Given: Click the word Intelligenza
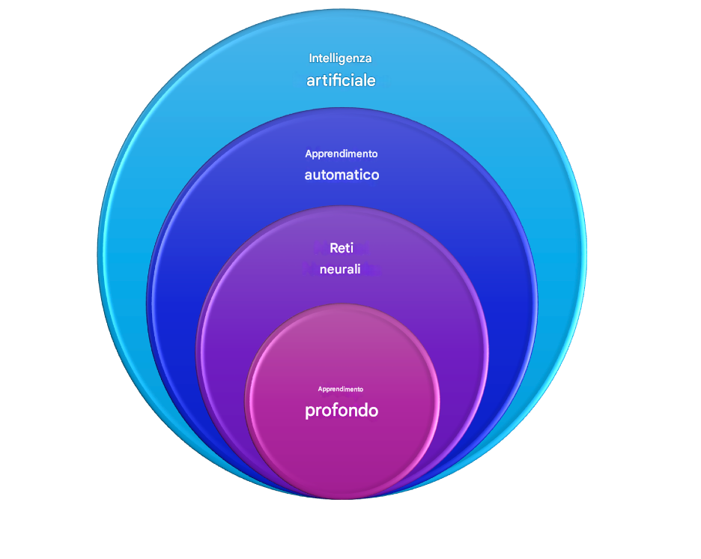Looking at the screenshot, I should (341, 58).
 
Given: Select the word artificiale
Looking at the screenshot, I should (341, 80).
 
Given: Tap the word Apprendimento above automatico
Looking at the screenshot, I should (342, 154).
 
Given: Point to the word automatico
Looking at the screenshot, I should (342, 175).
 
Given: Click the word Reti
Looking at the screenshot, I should (342, 248).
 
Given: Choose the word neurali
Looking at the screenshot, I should (341, 269).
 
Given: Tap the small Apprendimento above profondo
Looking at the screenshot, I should (341, 389).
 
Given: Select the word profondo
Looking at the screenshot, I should (342, 411).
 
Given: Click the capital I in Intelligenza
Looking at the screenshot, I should (311, 58).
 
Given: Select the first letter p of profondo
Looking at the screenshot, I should (309, 412).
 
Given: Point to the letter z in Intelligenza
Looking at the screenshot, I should (362, 58).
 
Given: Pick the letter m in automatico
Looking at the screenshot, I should (347, 175).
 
